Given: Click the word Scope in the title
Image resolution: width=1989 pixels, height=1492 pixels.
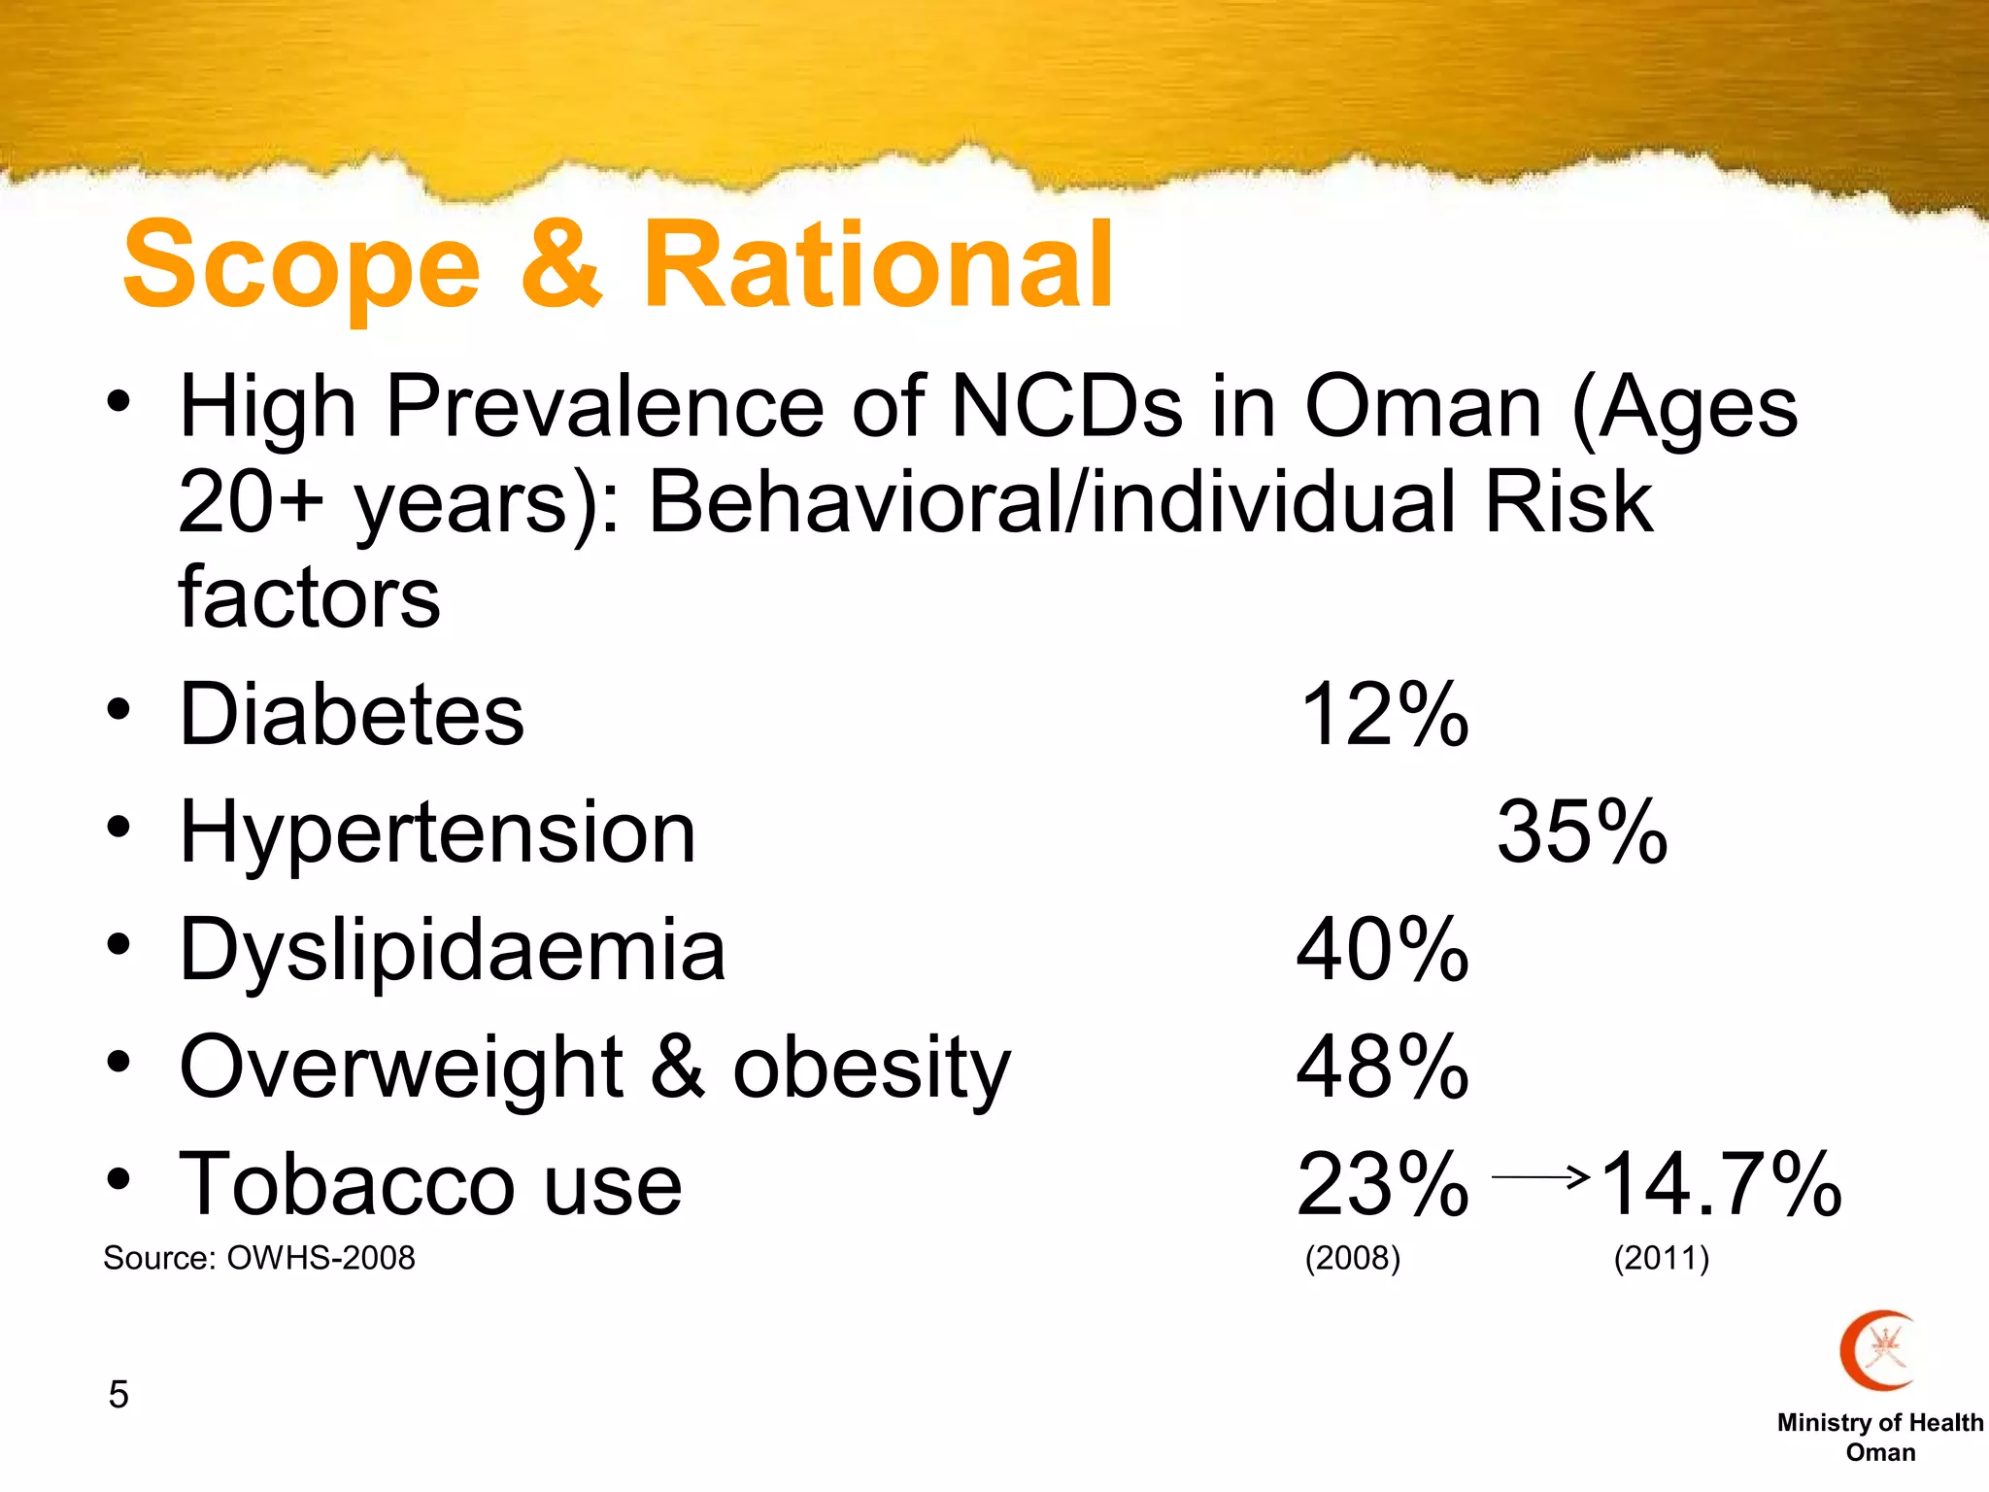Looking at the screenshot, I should pos(302,264).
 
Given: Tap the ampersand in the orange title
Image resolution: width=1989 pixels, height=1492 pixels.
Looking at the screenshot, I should pos(561,264).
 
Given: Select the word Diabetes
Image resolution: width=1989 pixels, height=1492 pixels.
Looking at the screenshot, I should pos(352,715).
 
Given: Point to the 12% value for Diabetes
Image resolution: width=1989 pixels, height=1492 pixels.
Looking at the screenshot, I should pos(1383,715).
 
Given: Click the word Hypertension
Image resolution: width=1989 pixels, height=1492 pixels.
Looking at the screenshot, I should pos(438,832).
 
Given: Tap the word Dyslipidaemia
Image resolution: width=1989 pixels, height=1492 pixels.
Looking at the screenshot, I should pos(453,950).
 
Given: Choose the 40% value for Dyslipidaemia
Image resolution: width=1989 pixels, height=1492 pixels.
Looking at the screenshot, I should pos(1383,950).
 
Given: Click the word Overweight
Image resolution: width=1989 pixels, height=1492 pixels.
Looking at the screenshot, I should pos(401,1068).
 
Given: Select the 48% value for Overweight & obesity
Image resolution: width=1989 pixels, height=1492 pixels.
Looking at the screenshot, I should pos(1383,1068).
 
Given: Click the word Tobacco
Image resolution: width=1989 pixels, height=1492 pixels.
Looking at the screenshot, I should pos(346,1185).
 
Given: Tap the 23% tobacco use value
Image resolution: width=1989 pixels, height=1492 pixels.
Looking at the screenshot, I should pos(1383,1185).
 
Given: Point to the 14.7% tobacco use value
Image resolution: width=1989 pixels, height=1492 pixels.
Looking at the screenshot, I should pos(1720,1185).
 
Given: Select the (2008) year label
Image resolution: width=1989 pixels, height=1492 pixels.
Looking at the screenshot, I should pos(1353,1258).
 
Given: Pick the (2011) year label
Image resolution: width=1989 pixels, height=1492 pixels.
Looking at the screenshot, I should pos(1662,1258).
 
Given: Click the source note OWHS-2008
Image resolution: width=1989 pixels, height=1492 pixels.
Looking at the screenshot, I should pos(320,1258).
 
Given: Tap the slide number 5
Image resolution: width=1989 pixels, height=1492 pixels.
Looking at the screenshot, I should pos(118,1395).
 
